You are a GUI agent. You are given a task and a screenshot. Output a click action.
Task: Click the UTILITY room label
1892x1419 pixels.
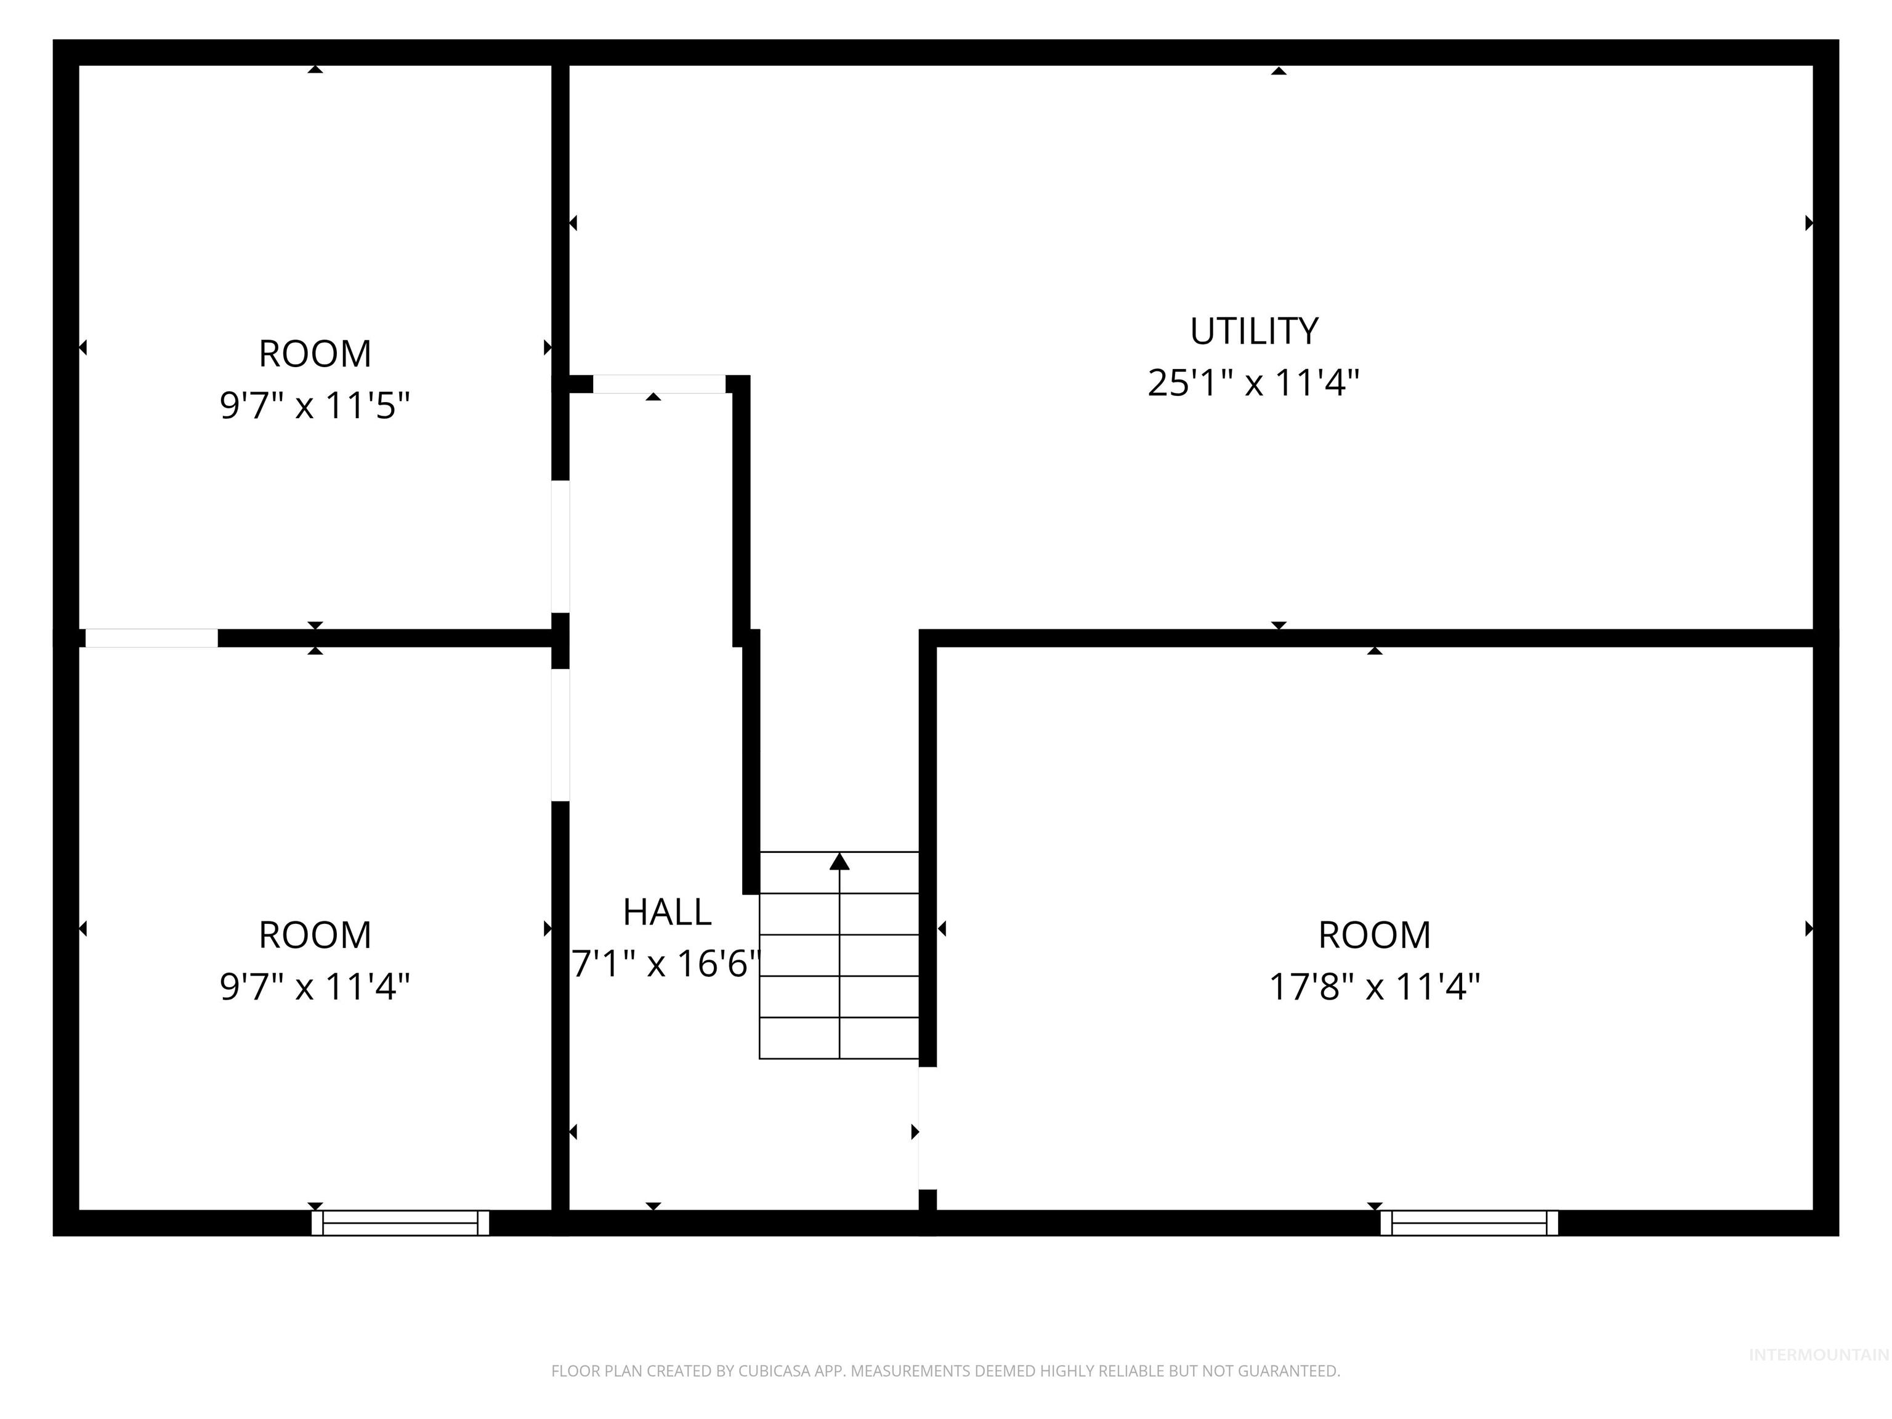(1254, 331)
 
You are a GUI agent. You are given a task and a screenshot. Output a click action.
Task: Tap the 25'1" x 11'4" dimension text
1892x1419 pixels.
(1253, 382)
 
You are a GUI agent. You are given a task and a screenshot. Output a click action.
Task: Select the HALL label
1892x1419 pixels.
(667, 913)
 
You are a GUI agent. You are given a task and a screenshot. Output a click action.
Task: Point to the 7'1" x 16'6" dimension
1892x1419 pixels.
(665, 964)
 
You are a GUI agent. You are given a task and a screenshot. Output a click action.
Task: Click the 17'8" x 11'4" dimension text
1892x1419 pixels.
(1373, 986)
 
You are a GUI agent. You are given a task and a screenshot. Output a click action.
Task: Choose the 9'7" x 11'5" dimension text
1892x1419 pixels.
(315, 405)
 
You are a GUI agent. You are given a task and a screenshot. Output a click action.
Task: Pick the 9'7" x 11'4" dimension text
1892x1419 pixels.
(315, 986)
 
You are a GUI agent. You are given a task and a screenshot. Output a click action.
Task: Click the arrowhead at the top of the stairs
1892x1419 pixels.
(839, 862)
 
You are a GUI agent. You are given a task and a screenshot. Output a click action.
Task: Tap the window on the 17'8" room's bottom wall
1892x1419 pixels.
(1469, 1223)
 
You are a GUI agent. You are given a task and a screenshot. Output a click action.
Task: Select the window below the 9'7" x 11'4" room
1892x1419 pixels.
(400, 1223)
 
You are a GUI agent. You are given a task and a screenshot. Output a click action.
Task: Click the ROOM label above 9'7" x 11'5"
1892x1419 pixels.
(315, 354)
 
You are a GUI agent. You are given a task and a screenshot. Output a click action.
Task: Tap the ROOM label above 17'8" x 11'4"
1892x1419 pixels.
(1373, 935)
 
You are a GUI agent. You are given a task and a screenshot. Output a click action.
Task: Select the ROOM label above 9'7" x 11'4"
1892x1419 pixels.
(315, 935)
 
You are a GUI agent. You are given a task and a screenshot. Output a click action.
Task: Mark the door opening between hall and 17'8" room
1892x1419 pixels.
(926, 1128)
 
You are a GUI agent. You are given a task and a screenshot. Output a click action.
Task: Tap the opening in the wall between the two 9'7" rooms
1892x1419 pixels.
(152, 638)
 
